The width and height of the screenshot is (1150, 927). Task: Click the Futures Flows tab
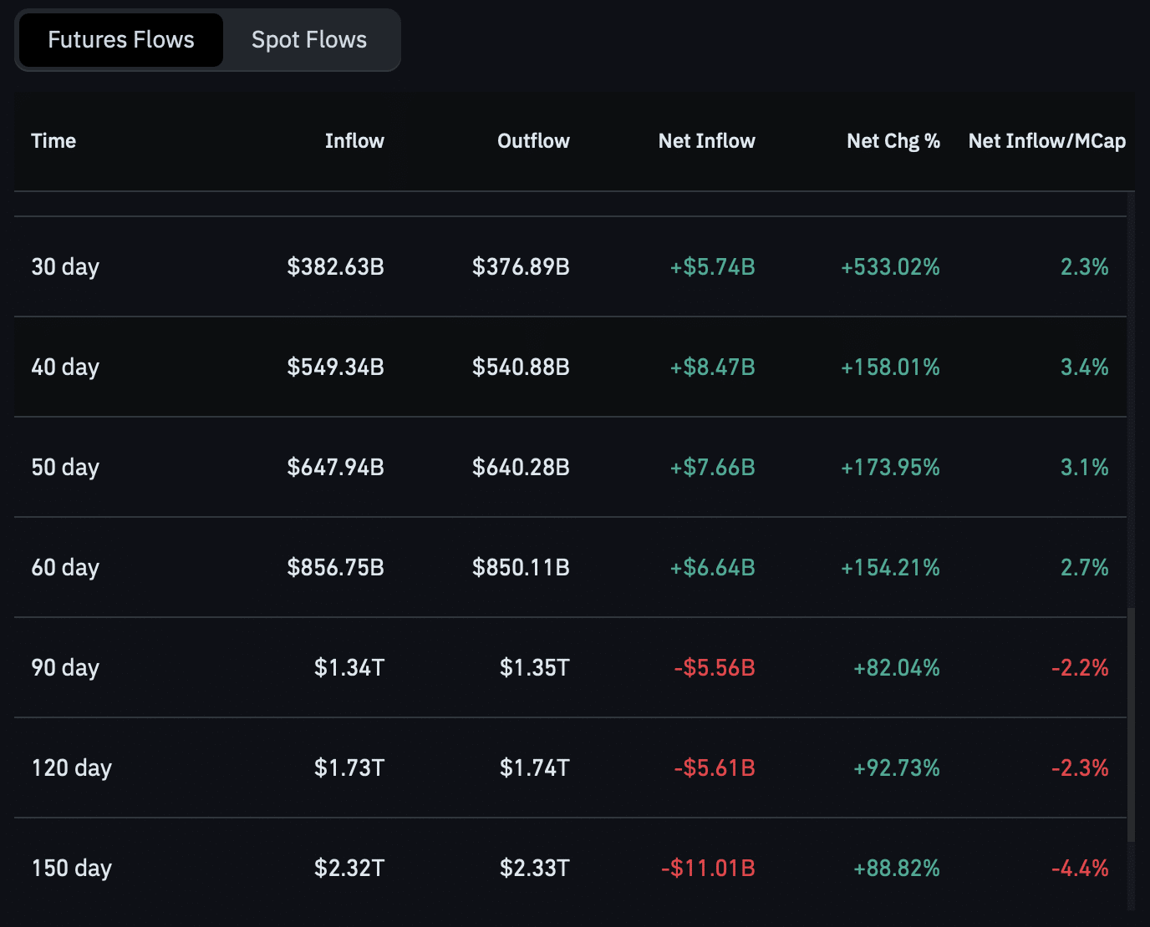120,40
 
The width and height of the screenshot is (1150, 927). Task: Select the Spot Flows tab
309,40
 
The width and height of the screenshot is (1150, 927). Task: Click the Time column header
53,141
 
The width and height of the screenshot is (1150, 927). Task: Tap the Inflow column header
354,141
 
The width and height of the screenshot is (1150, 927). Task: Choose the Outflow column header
533,141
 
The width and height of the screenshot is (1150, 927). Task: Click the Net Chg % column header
893,141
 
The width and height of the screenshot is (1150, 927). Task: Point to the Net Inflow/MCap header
1046,141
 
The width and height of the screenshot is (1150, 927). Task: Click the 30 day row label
65,267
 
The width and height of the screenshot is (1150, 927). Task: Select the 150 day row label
72,869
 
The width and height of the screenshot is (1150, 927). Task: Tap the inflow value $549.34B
335,367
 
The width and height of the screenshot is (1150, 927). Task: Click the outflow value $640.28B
521,468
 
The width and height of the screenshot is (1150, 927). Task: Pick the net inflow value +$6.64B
712,568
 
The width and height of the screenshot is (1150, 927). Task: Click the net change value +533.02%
890,267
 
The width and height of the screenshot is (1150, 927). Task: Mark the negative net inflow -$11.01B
708,869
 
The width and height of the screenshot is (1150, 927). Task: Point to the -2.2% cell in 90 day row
1080,668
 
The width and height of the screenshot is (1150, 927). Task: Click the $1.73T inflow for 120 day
349,768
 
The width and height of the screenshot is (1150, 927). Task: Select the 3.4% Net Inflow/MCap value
1084,367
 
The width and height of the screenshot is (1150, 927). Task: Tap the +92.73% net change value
896,768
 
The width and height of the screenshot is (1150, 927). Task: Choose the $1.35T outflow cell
534,668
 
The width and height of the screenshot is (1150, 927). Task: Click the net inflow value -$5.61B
715,768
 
